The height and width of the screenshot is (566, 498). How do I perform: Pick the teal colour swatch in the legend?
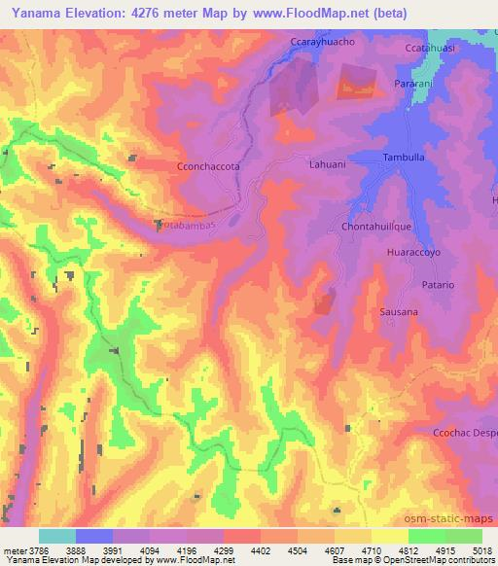[x=57, y=536]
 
